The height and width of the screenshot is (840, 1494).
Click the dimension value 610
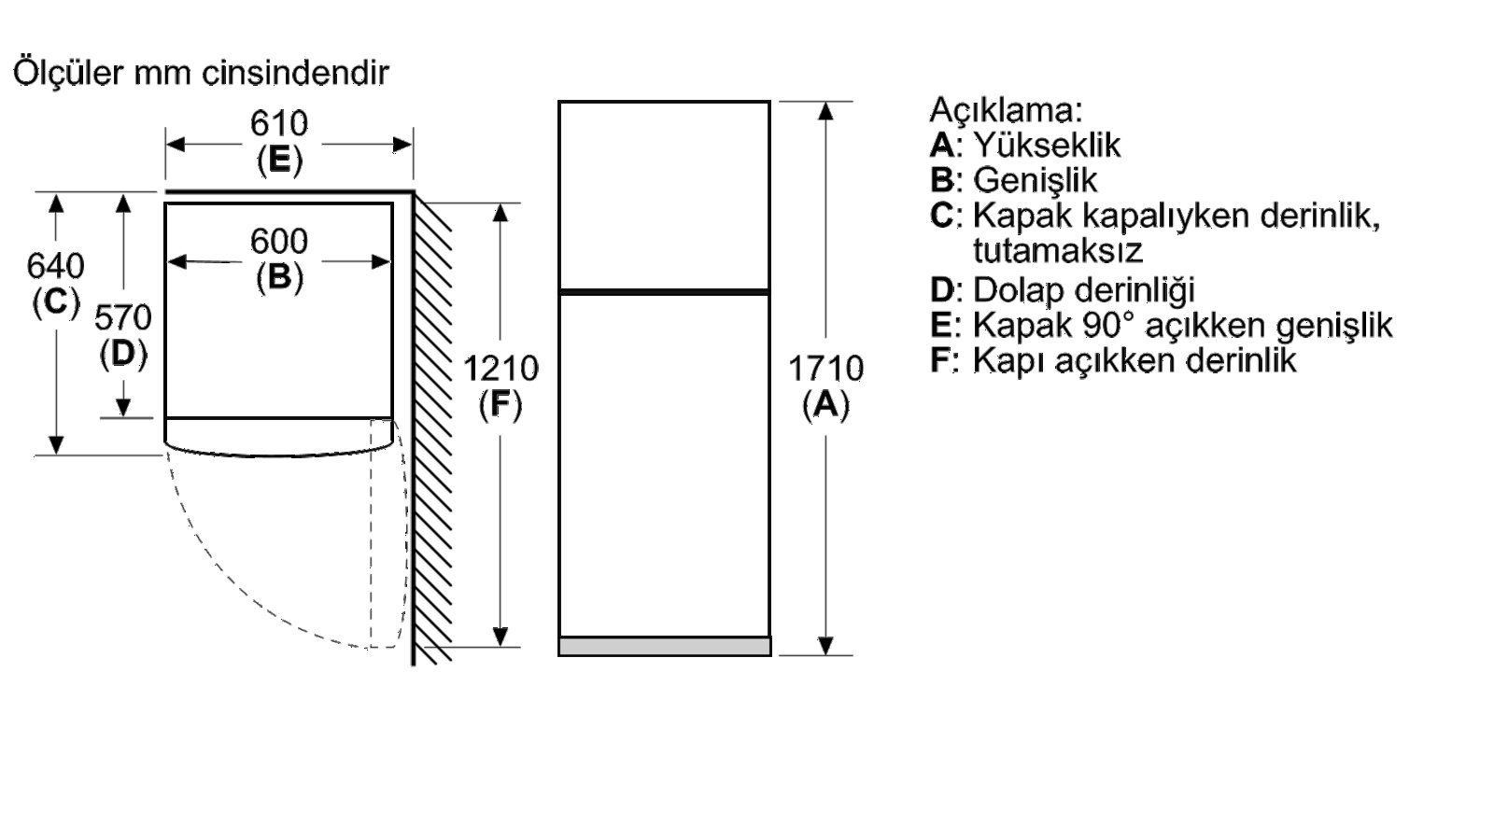[279, 123]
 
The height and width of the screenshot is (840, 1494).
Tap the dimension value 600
[279, 241]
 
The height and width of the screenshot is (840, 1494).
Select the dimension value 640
[55, 265]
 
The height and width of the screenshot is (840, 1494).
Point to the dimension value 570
[122, 317]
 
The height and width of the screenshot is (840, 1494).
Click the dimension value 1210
[500, 368]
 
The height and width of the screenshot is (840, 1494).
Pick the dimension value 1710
[825, 368]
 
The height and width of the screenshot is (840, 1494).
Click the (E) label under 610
[280, 160]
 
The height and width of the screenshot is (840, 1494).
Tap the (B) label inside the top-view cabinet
[279, 277]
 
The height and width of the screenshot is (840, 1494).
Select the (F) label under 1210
[500, 405]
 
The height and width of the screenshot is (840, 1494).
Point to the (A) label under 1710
[825, 405]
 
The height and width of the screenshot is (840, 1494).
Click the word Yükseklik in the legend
[1047, 146]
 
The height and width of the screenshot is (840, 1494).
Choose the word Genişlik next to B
[1036, 181]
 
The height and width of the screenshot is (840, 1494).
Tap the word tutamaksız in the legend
[1058, 251]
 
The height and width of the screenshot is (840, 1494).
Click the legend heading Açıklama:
[1006, 110]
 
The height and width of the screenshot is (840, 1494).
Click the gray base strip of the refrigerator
[665, 647]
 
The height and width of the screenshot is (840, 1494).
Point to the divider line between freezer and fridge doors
[664, 292]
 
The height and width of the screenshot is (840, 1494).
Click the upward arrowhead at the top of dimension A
[825, 111]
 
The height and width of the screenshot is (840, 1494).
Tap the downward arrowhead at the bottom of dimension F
[500, 637]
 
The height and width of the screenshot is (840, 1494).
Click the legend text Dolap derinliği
[1084, 290]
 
